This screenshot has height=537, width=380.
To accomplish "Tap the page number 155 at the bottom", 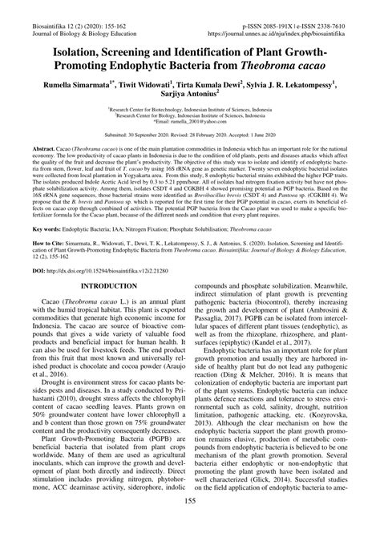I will pyautogui.click(x=189, y=524).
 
